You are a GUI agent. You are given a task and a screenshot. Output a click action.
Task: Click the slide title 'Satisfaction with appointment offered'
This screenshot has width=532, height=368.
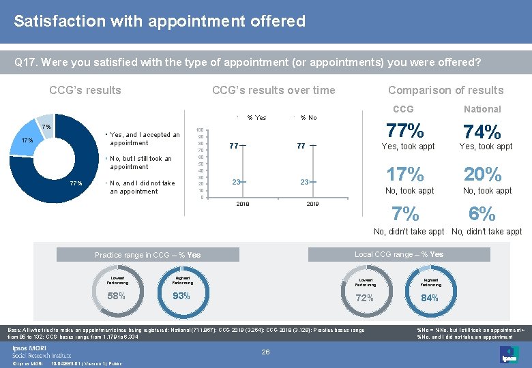click(160, 21)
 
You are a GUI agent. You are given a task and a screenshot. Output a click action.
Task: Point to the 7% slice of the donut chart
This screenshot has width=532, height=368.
click(45, 125)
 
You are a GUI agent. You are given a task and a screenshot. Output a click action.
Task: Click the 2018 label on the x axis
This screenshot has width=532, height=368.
click(242, 204)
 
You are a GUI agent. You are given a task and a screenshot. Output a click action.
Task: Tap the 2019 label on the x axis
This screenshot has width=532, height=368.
click(312, 204)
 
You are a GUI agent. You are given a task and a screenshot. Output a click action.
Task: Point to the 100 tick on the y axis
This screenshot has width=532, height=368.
click(199, 130)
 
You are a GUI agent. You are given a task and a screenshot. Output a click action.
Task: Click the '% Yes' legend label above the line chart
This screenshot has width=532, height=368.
click(256, 118)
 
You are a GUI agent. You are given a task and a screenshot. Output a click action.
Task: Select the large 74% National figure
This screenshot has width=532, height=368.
click(482, 131)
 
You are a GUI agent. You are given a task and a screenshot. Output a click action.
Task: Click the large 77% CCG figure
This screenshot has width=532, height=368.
click(405, 130)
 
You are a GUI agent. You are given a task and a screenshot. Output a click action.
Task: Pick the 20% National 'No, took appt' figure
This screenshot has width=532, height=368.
click(482, 175)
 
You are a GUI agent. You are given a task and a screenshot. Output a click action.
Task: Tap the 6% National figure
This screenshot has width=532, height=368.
click(482, 214)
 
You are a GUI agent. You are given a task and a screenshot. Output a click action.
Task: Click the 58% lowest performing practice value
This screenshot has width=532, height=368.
click(117, 296)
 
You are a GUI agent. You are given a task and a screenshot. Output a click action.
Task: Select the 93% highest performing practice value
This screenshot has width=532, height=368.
click(181, 296)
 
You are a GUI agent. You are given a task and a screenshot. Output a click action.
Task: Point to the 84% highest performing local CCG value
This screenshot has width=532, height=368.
click(430, 298)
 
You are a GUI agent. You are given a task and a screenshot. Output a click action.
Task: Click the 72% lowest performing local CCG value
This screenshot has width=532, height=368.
click(365, 298)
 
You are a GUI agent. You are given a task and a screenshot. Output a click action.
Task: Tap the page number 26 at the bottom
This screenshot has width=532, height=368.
click(266, 333)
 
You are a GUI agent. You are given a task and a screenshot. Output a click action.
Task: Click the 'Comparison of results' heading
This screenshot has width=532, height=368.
click(445, 91)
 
